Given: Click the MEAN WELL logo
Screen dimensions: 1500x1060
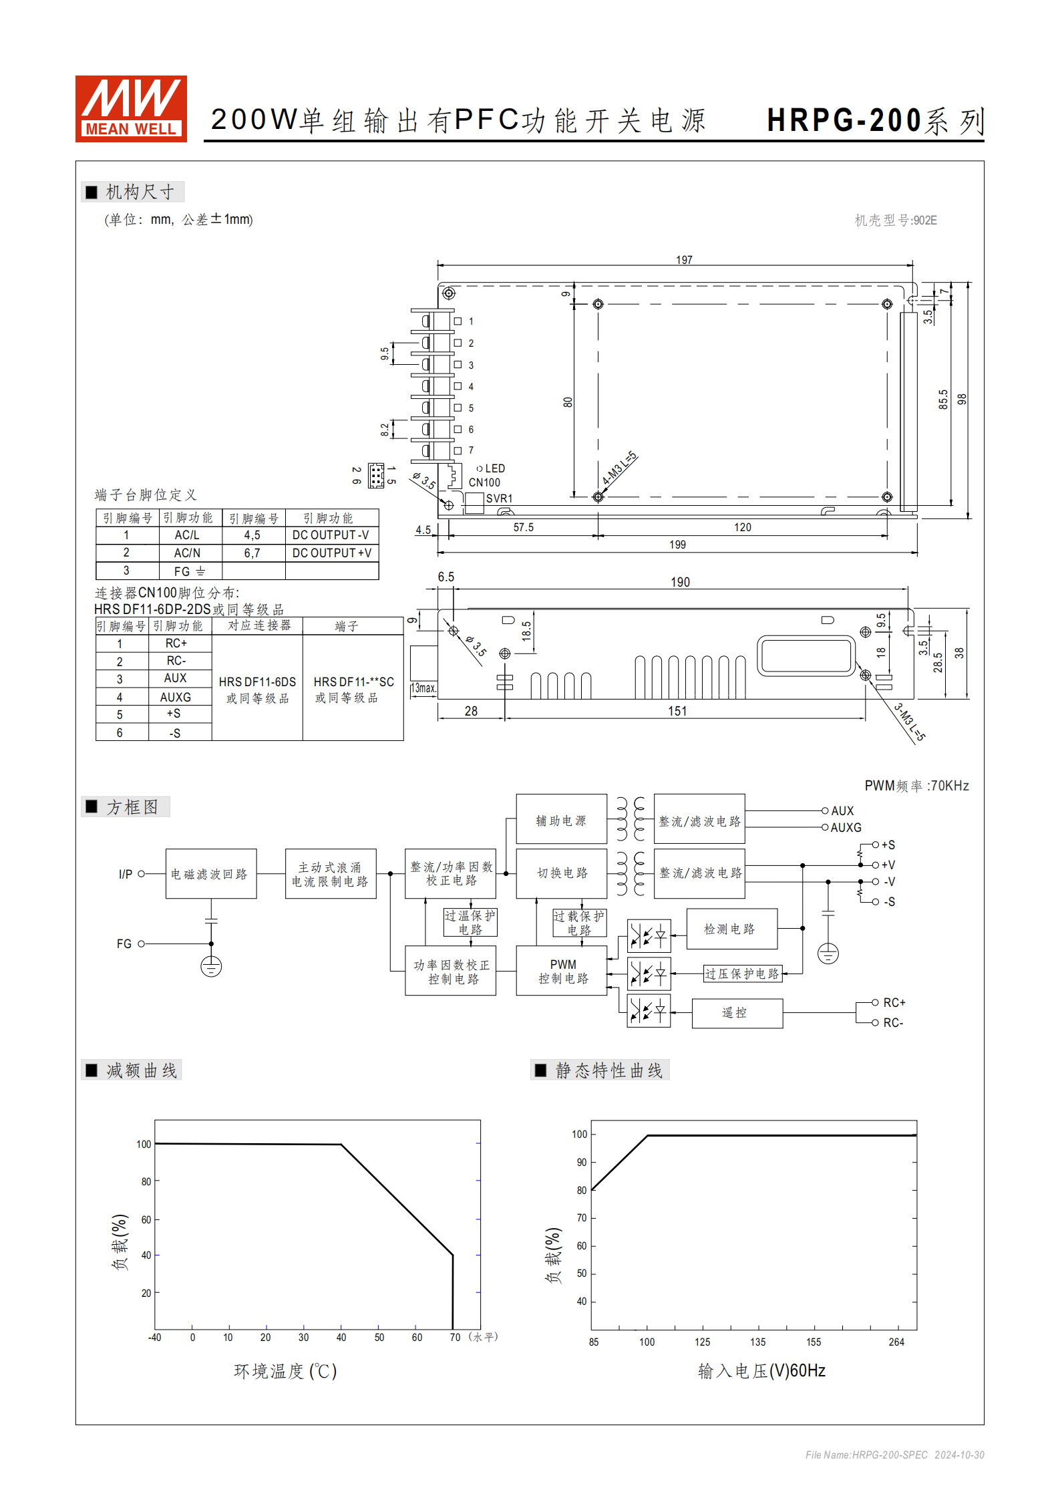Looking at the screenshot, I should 131,108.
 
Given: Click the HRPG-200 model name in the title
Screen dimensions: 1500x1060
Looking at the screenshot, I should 844,121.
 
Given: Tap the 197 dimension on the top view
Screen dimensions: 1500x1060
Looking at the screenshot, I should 684,260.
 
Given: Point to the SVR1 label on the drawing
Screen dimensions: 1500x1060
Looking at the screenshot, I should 499,498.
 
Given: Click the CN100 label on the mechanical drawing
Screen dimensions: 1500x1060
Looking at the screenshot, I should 484,482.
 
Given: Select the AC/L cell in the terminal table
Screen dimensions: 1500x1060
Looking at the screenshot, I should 187,535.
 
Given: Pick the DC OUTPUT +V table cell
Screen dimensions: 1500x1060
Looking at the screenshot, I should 332,553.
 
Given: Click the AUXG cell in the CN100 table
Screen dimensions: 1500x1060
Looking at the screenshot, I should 176,697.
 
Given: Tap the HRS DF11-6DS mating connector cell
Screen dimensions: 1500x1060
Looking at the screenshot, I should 257,689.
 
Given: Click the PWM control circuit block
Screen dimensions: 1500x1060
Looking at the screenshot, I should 562,971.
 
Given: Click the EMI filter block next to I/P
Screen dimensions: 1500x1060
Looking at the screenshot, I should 210,874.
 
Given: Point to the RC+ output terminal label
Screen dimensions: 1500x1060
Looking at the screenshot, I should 894,1003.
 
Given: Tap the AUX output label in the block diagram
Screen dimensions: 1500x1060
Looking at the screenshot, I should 842,810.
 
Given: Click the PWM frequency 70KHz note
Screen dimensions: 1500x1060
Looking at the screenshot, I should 916,786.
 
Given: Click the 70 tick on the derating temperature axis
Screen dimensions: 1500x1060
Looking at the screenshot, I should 455,1337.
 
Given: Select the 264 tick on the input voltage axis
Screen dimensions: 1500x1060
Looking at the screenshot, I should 896,1342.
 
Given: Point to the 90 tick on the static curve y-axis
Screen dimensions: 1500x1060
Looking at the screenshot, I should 582,1163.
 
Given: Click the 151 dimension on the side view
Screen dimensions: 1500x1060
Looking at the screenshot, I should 677,711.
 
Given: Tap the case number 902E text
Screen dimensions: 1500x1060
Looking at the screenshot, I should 896,220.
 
